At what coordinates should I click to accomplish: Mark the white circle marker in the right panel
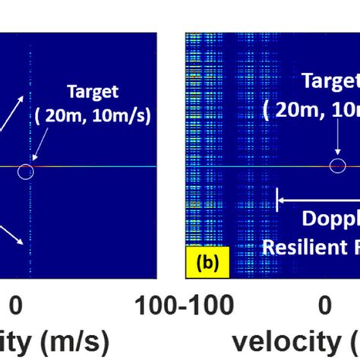[337, 166]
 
